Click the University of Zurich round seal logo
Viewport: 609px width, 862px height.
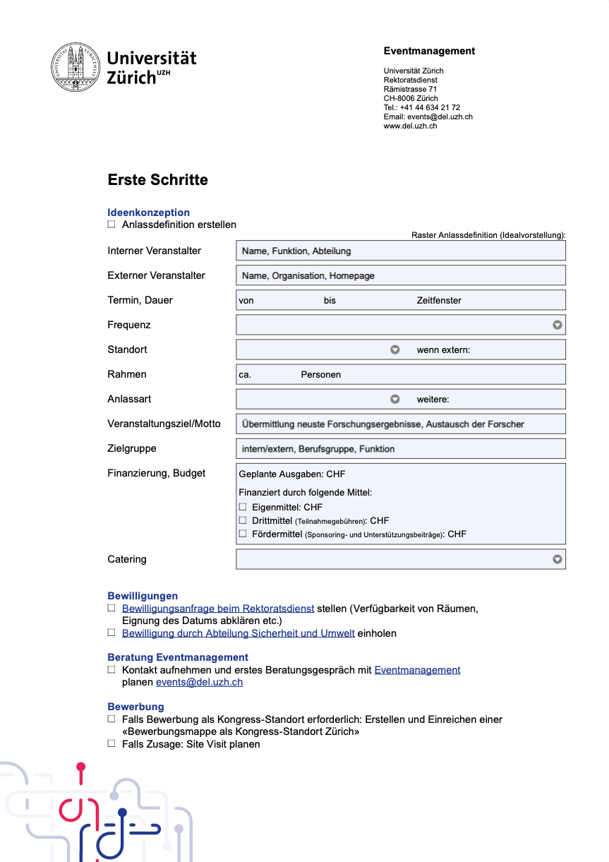click(x=75, y=67)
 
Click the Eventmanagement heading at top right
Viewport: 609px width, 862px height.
click(x=429, y=51)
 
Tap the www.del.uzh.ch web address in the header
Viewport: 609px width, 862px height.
click(x=410, y=126)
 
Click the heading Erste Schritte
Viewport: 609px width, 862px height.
click(x=157, y=180)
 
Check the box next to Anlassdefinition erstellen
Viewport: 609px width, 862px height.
click(x=111, y=225)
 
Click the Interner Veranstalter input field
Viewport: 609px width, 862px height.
click(x=400, y=251)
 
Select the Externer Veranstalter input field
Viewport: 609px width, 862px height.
click(x=400, y=275)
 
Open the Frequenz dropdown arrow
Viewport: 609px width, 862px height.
click(x=557, y=325)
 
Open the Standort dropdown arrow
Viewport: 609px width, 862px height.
click(x=395, y=349)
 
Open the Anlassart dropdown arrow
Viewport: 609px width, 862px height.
click(x=395, y=399)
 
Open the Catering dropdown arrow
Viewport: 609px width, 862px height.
click(x=557, y=559)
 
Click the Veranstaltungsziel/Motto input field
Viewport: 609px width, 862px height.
click(x=400, y=424)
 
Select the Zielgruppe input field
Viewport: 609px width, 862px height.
click(x=400, y=448)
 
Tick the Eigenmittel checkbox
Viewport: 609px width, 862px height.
click(x=243, y=507)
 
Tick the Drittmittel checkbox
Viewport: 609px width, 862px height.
click(x=243, y=520)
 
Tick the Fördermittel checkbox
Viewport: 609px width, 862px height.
click(x=243, y=534)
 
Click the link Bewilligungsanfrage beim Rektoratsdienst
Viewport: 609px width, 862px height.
click(x=218, y=609)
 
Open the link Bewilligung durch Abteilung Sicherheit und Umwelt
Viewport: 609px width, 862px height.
click(x=238, y=633)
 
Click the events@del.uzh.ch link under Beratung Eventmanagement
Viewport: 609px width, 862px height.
click(x=199, y=683)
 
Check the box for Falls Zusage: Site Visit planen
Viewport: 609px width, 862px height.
click(x=111, y=743)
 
